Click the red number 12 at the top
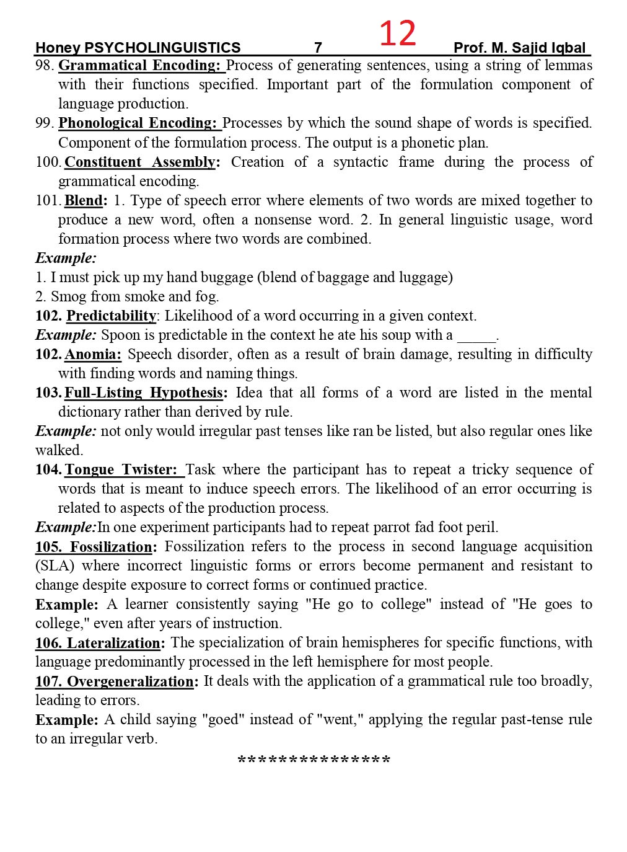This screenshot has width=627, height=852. (x=397, y=33)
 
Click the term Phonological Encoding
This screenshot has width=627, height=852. (x=139, y=123)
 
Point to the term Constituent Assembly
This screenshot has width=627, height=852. (x=140, y=162)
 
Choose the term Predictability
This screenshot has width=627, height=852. (x=112, y=316)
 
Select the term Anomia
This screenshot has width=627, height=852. (x=92, y=354)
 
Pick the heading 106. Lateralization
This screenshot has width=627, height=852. (x=100, y=642)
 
